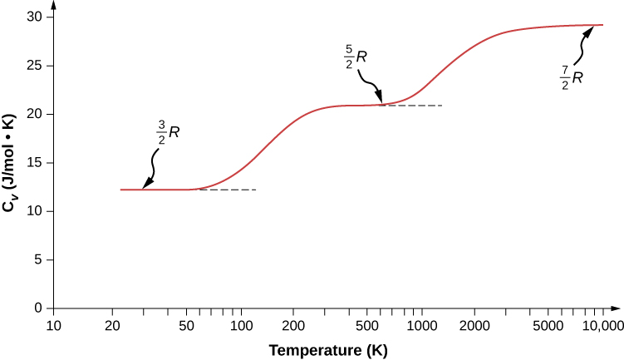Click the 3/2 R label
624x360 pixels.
165,131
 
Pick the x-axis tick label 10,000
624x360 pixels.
602,324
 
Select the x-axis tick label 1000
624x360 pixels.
420,324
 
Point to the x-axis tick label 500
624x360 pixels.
366,324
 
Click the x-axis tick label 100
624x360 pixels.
241,324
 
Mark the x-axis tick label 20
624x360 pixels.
111,324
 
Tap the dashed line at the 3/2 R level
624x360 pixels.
233,190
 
